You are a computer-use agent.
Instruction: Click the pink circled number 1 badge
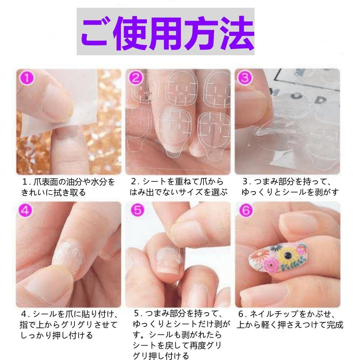(27, 78)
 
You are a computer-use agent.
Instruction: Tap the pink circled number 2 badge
(136, 78)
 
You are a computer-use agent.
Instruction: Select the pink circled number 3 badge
(245, 78)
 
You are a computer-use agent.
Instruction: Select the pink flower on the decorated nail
(271, 264)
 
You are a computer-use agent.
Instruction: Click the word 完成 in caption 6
(335, 325)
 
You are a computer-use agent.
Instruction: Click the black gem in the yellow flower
(287, 254)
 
